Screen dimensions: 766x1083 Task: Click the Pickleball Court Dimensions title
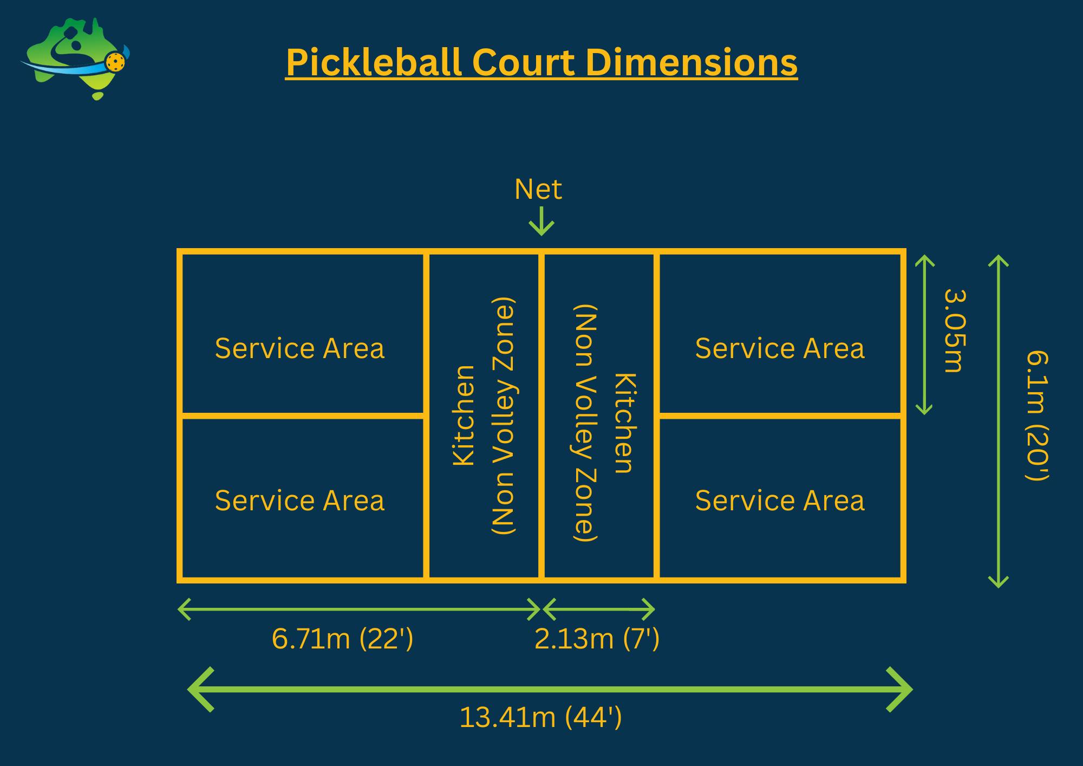click(541, 63)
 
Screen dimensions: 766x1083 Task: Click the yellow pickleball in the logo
click(115, 62)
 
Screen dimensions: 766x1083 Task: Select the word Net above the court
click(538, 190)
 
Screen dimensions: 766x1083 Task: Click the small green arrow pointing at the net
click(541, 222)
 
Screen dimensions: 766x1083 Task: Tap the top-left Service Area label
click(299, 348)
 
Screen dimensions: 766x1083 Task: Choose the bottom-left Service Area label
click(299, 501)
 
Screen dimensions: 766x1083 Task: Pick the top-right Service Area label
click(780, 348)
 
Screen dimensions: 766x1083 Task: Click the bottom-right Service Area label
click(780, 501)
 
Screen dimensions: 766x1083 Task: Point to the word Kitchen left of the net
click(464, 416)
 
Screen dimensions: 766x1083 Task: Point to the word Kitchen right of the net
click(624, 423)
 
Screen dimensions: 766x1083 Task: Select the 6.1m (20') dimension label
click(1038, 416)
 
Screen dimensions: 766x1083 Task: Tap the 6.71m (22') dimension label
click(342, 639)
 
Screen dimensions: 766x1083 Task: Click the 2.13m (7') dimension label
click(597, 639)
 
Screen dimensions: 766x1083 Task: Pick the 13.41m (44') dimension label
click(540, 718)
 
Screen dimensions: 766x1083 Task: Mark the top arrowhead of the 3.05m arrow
click(924, 261)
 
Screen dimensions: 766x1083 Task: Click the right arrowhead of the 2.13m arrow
click(649, 610)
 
